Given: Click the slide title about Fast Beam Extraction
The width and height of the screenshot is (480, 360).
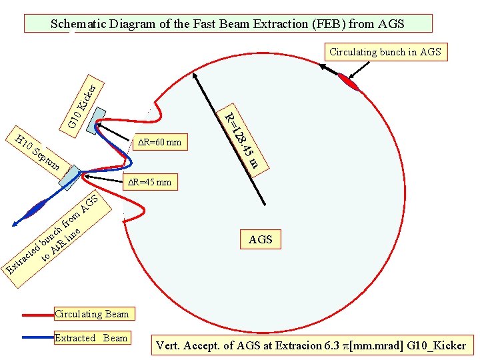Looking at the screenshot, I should (228, 25).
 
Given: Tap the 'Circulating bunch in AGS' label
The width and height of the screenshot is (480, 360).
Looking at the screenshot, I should (385, 52).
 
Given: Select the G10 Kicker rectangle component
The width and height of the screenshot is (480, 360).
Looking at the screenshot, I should (93, 119).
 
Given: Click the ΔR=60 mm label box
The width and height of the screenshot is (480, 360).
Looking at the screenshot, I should (158, 142).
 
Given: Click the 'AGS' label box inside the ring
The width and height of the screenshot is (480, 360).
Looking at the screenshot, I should (260, 239).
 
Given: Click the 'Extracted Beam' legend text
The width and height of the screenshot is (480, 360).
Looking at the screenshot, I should (91, 338).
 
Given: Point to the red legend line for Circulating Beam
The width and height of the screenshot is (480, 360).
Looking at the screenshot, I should (36, 314).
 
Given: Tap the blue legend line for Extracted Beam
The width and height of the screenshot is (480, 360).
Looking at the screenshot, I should (36, 338).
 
